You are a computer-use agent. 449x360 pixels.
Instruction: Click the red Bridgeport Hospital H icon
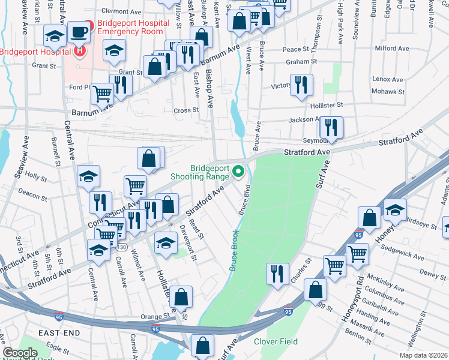click(80, 51)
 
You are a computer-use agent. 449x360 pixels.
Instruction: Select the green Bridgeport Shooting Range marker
click(239, 172)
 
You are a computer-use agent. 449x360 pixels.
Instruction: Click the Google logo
click(20, 353)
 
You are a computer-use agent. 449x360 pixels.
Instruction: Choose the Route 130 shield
click(122, 230)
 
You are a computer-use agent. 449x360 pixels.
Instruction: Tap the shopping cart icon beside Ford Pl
click(103, 93)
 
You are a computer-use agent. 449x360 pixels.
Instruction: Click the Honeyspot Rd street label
click(353, 300)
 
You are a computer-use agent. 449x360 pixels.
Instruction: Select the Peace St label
click(295, 49)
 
